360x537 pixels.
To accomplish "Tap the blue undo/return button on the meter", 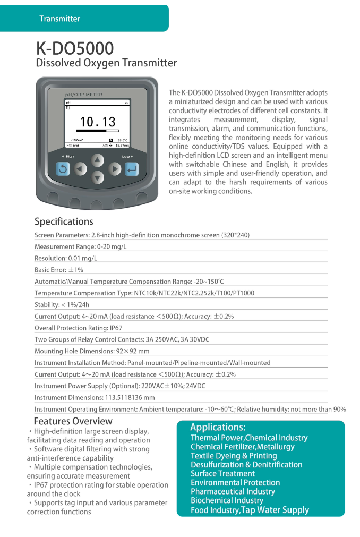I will point(63,169).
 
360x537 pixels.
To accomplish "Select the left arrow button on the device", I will point(80,169).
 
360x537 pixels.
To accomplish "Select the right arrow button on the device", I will point(115,169).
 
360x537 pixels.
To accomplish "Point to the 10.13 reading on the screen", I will point(97,122).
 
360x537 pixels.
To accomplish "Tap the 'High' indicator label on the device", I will point(69,156).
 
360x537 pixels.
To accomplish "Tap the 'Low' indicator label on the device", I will point(126,156).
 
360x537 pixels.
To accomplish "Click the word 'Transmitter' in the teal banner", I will point(59,19).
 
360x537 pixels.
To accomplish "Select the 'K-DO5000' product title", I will point(74,48).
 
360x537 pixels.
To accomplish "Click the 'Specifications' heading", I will point(64,221).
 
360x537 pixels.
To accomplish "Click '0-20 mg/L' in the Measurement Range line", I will point(112,246).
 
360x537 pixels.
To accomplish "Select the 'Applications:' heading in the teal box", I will point(218,427).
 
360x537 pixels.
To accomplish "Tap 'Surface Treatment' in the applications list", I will point(222,473).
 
